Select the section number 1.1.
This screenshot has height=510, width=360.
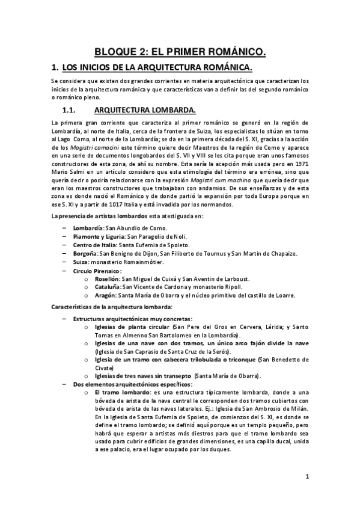72,110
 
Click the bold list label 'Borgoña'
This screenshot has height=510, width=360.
85,254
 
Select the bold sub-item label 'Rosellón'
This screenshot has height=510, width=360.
106,279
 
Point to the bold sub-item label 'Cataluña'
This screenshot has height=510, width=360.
106,287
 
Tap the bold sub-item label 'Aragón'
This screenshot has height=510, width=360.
105,296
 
